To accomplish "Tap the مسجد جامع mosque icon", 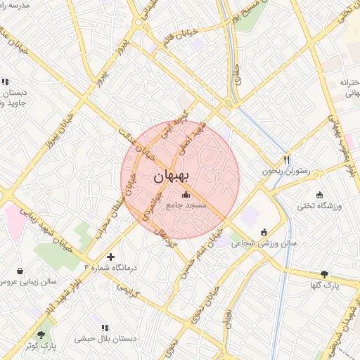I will (x=186, y=195).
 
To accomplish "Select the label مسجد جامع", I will (x=186, y=206).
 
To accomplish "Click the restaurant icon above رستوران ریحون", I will (x=286, y=160).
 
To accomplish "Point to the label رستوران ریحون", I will (x=286, y=171).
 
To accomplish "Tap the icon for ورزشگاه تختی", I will (x=320, y=195).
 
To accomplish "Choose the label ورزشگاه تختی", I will (x=320, y=206).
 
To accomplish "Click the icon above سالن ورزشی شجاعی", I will (x=264, y=232).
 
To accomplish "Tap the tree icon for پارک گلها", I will (x=324, y=274).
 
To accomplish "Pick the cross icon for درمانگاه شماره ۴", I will (x=110, y=257).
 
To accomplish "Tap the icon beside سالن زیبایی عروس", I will (x=19, y=271).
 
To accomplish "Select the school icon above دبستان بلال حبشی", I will (x=105, y=328).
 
